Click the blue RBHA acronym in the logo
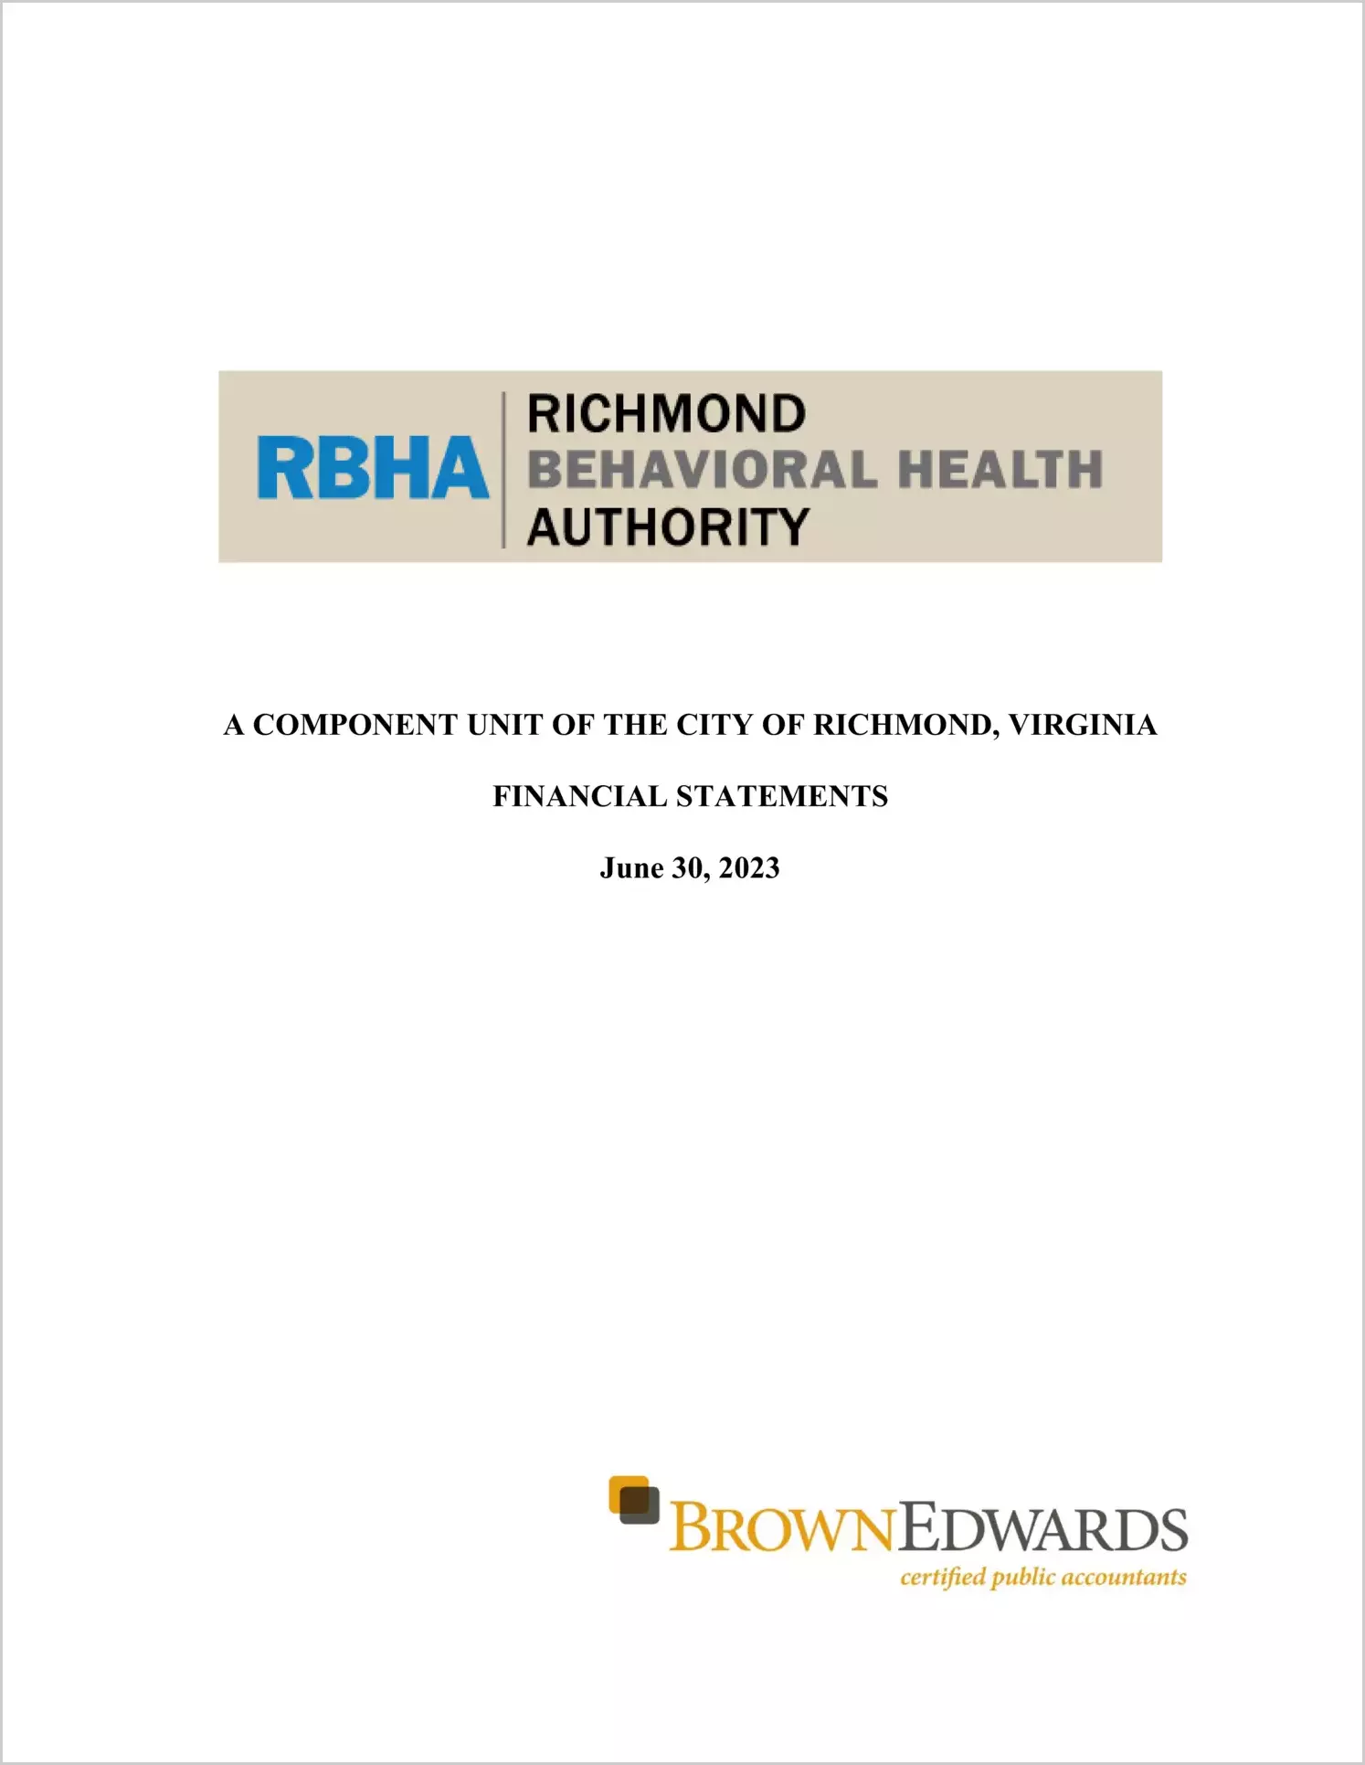pos(373,468)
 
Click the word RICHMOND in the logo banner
pos(666,414)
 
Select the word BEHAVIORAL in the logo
pos(702,470)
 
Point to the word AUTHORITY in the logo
pos(668,527)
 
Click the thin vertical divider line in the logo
pos(503,470)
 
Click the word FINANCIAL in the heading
pos(580,796)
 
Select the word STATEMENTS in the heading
pos(782,796)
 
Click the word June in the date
pos(631,867)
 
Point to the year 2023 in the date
pos(749,867)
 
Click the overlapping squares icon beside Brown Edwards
pos(634,1501)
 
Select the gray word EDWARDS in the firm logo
pos(1042,1529)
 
